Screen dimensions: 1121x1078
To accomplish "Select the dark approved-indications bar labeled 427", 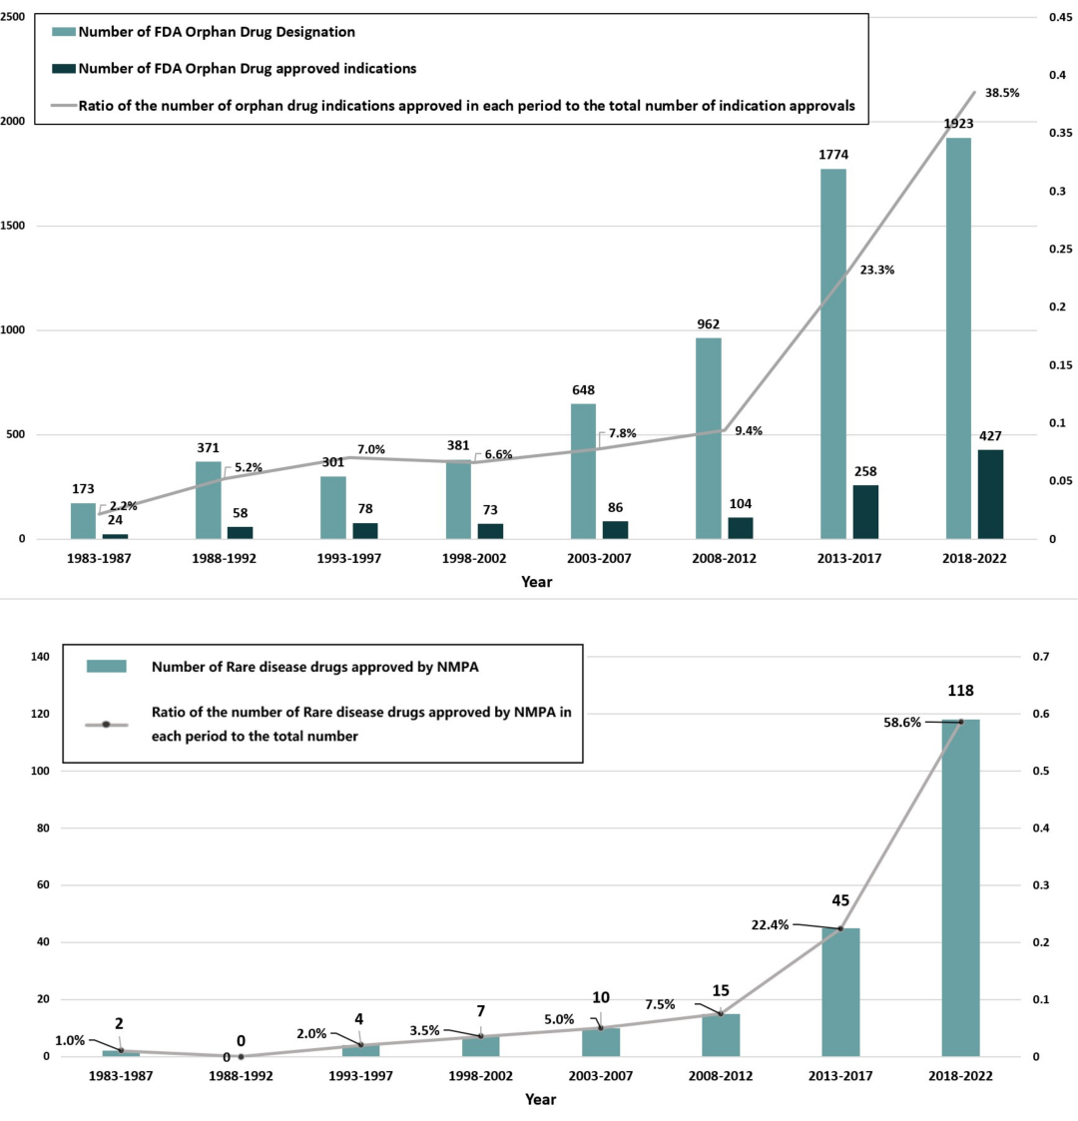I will (x=990, y=494).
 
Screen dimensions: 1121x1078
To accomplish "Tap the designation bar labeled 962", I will (x=709, y=438).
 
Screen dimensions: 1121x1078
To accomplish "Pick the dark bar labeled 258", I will (x=865, y=512).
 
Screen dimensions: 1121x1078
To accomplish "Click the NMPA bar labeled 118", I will (x=961, y=887).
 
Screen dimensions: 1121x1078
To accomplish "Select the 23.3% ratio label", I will (x=876, y=270).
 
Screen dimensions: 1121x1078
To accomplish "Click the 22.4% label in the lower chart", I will (x=770, y=925).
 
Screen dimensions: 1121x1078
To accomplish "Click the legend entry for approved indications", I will (x=247, y=69).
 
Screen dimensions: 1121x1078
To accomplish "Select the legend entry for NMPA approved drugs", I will (x=314, y=666).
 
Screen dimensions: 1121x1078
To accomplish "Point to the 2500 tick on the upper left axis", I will (x=13, y=17).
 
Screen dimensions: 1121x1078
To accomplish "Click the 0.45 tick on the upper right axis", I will (x=1060, y=17).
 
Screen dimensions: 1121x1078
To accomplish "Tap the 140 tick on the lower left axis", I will (x=40, y=657).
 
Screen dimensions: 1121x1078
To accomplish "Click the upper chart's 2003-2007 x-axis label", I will (x=599, y=559).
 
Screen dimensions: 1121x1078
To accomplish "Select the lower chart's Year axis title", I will (x=540, y=1099).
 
